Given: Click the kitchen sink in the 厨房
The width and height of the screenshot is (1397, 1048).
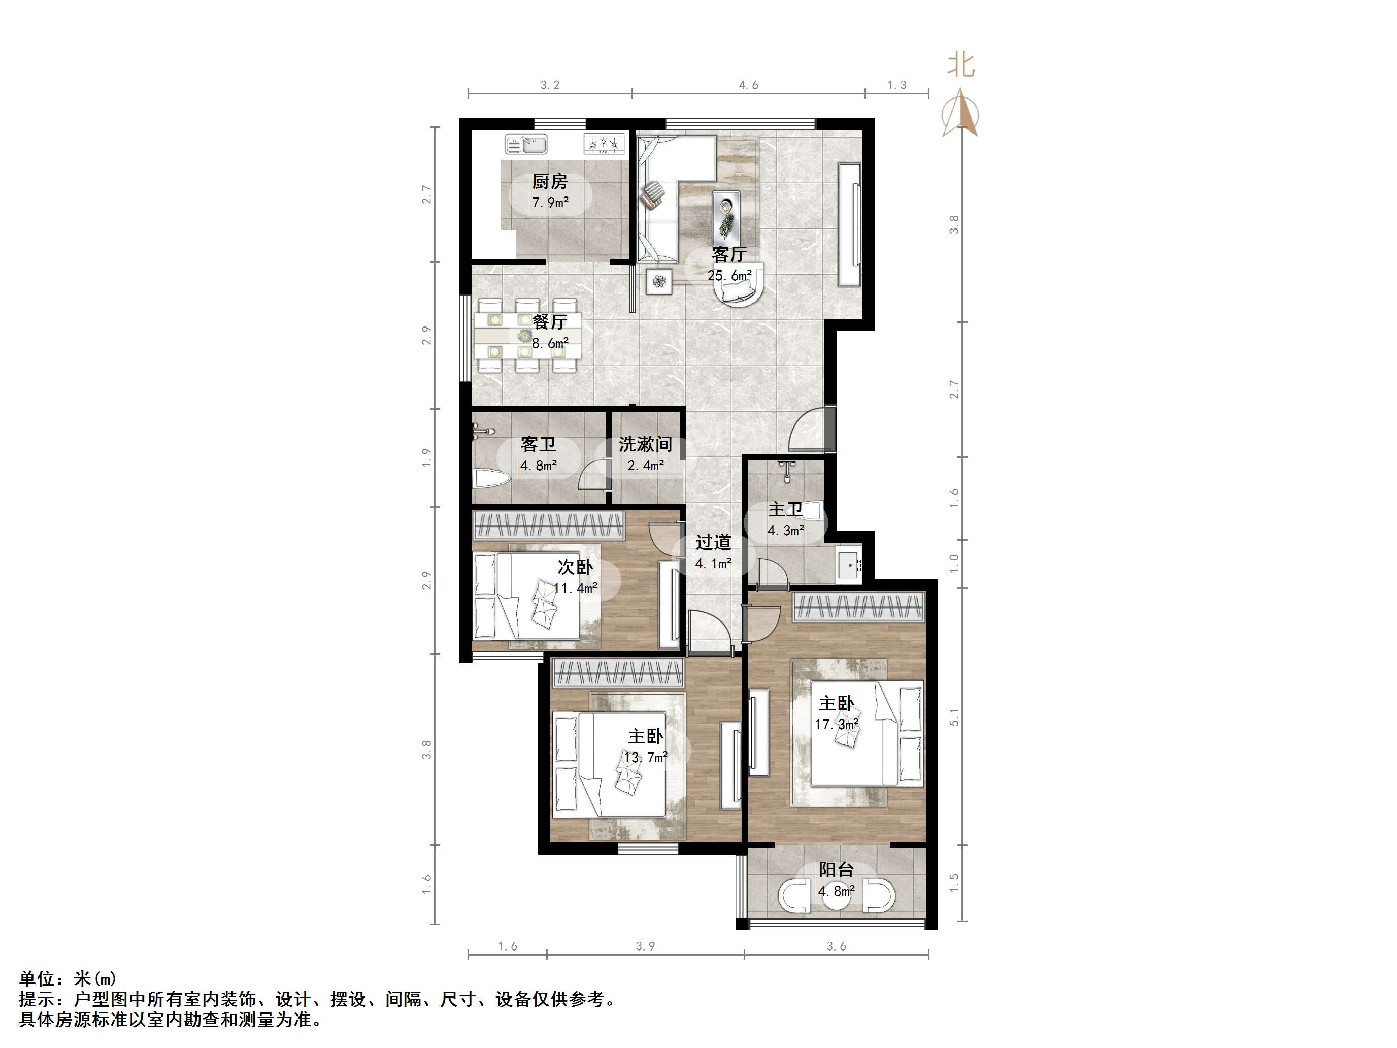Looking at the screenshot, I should click(x=525, y=145).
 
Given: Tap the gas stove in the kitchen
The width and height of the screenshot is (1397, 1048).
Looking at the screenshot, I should click(x=604, y=145).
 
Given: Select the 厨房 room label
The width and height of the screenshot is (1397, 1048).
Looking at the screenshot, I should click(x=549, y=182).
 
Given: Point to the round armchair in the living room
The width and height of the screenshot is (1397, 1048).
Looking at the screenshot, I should click(x=739, y=292).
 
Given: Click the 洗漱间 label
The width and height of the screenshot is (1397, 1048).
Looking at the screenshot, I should click(x=645, y=445).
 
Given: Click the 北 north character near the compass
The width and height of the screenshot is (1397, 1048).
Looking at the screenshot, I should click(x=960, y=65).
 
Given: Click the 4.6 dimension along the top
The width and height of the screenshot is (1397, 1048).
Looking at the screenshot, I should click(x=748, y=85).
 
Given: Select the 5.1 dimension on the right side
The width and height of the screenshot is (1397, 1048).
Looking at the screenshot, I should click(x=954, y=717).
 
